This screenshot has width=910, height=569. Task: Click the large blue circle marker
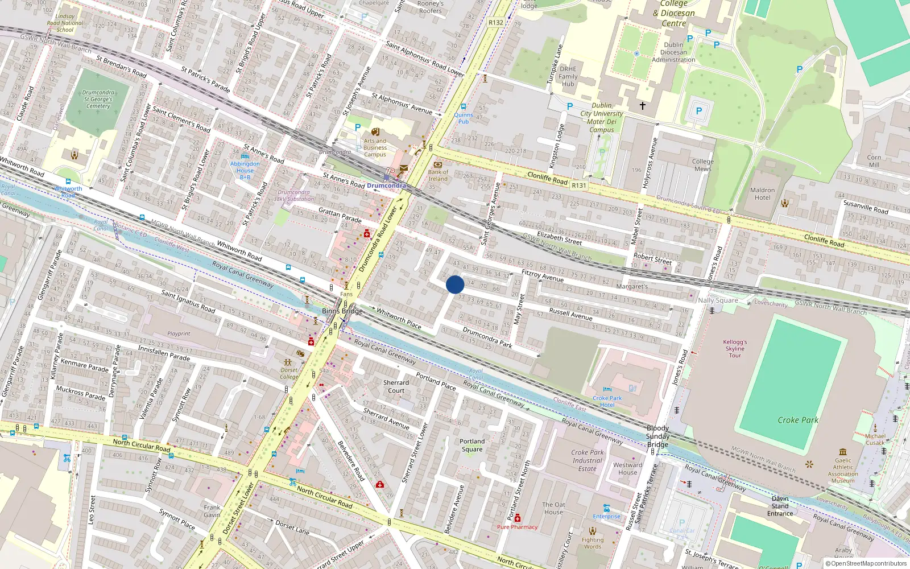pos(454,284)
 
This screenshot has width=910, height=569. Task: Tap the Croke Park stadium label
pos(798,420)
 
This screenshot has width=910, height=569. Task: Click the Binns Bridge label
pos(342,311)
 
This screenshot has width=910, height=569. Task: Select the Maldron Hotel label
pos(762,194)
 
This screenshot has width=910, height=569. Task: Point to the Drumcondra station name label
pos(386,185)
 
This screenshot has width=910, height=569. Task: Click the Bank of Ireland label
pos(438,175)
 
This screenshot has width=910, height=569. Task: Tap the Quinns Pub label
pos(464,118)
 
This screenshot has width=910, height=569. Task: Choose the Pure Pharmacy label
pos(517,527)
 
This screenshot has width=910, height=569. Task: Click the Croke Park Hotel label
pos(607,401)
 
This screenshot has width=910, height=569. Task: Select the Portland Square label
pos(472,445)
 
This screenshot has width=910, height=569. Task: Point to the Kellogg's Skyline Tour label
pos(735,349)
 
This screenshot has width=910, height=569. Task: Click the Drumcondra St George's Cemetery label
pos(98,99)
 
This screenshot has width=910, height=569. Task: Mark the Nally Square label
pos(718,300)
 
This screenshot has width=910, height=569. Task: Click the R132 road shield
pos(495,23)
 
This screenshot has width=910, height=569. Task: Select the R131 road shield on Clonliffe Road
pos(578,185)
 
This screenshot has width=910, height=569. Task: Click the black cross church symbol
pos(643,106)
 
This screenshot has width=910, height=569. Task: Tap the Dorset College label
pos(289,373)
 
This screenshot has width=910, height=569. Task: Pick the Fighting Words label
pos(593,543)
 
